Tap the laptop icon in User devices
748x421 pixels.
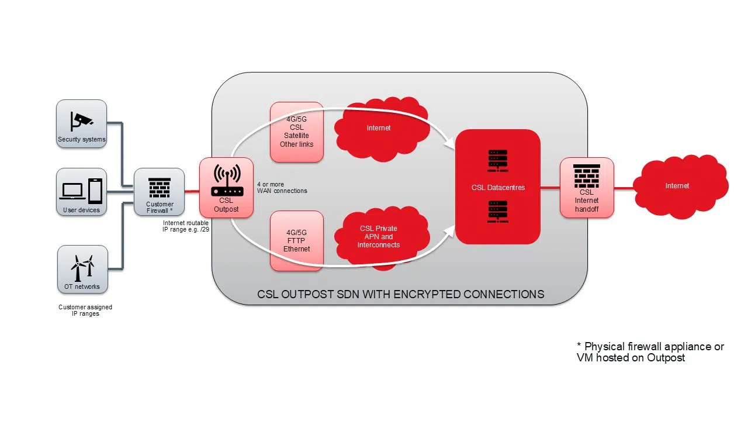pyautogui.click(x=72, y=191)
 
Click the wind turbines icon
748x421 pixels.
pyautogui.click(x=82, y=268)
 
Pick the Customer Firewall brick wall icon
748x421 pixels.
pyautogui.click(x=160, y=188)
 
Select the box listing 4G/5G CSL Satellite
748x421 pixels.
pyautogui.click(x=297, y=132)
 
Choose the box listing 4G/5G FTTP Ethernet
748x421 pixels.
pyautogui.click(x=297, y=241)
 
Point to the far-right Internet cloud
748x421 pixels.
pyautogui.click(x=677, y=186)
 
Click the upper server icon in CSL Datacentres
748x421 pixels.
pyautogui.click(x=497, y=160)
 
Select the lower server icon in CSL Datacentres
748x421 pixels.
pyautogui.click(x=497, y=210)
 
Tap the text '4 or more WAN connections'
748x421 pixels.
pyautogui.click(x=282, y=188)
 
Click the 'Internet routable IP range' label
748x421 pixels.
pyautogui.click(x=186, y=226)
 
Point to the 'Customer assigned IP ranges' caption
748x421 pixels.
pyautogui.click(x=85, y=310)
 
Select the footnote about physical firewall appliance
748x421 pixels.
pyautogui.click(x=650, y=352)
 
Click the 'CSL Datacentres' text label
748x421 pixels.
pyautogui.click(x=498, y=188)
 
